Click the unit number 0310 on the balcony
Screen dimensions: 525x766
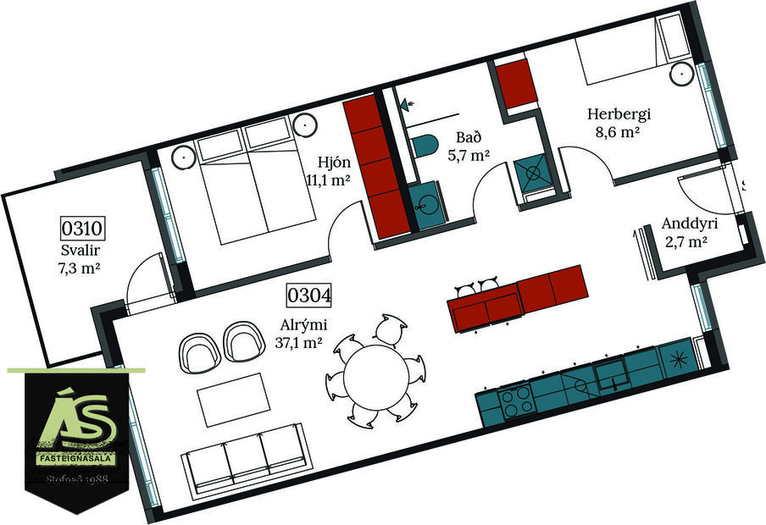click(x=81, y=229)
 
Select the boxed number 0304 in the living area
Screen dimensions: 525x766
click(x=308, y=296)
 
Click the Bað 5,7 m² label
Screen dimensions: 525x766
click(x=469, y=146)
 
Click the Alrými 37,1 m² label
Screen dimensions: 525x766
click(x=302, y=332)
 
